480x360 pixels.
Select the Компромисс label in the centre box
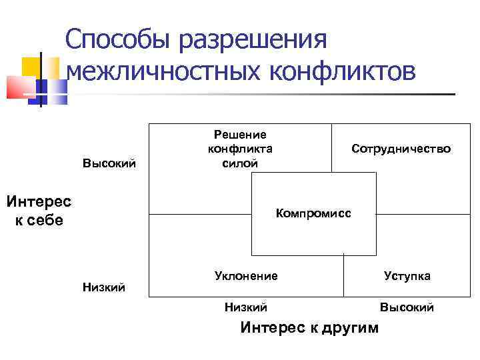pos(313,213)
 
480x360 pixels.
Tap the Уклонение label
pos(246,275)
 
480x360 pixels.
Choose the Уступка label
pos(407,275)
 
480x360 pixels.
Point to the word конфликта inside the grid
pos(240,149)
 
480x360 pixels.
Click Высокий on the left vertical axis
pos(109,163)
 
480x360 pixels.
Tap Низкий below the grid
pos(245,307)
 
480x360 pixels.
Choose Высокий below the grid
pos(407,307)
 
